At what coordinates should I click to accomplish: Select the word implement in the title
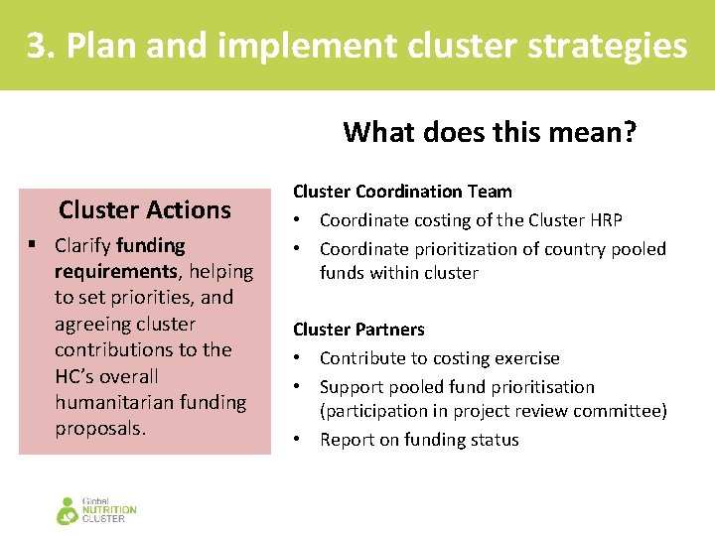point(314,46)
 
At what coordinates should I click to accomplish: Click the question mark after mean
point(629,132)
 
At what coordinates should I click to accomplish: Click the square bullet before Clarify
point(33,245)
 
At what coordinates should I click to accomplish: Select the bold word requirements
point(115,271)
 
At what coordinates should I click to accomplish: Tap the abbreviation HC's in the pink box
point(80,376)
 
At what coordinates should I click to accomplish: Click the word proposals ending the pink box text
point(99,429)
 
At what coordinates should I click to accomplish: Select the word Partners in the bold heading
point(390,330)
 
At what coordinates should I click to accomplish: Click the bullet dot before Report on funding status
point(299,440)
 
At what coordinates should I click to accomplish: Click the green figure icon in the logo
point(68,510)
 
